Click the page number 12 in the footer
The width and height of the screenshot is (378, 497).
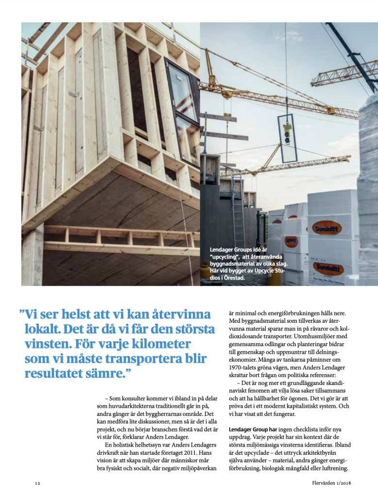point(37,483)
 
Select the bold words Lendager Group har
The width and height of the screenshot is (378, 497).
point(253,430)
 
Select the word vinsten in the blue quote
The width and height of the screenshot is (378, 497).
point(48,344)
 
